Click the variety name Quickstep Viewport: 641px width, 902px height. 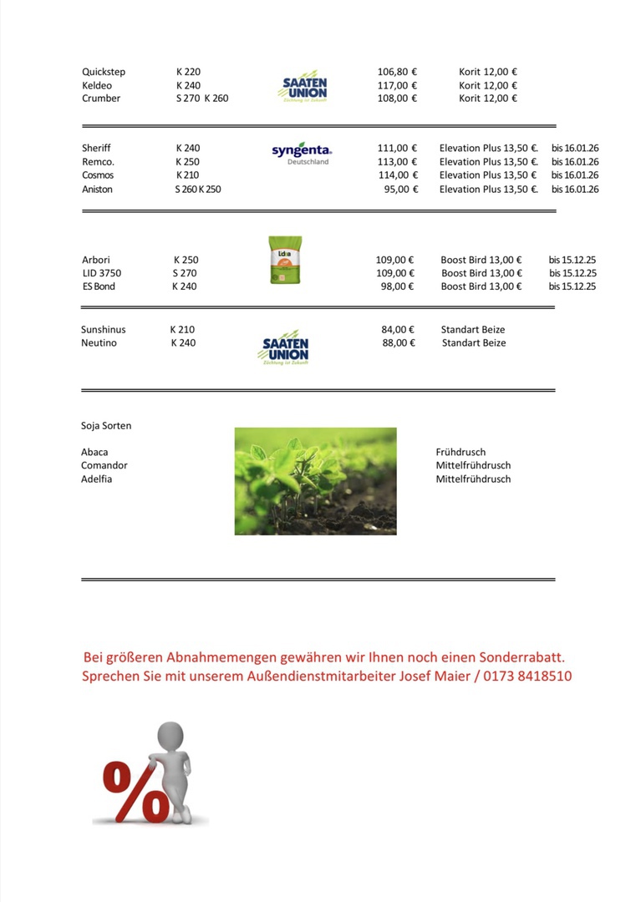point(104,72)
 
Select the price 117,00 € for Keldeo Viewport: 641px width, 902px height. point(397,85)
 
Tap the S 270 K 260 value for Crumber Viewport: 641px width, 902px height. point(201,99)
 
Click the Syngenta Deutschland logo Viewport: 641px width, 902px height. point(302,152)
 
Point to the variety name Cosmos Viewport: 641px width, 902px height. point(98,175)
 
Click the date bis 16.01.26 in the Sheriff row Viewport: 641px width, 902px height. point(575,149)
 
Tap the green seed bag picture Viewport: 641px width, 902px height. point(286,260)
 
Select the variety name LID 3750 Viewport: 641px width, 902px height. point(101,273)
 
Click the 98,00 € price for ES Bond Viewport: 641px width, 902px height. point(397,286)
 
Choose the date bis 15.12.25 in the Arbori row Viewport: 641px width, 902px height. point(572,260)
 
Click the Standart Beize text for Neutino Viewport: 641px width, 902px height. point(474,343)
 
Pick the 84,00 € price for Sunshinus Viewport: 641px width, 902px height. point(398,330)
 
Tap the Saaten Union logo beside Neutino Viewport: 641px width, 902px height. point(285,350)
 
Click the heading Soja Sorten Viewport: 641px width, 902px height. point(106,426)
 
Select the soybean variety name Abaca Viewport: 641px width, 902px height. point(94,453)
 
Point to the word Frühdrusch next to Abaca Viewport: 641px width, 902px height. point(460,453)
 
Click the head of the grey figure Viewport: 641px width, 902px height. point(171,736)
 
